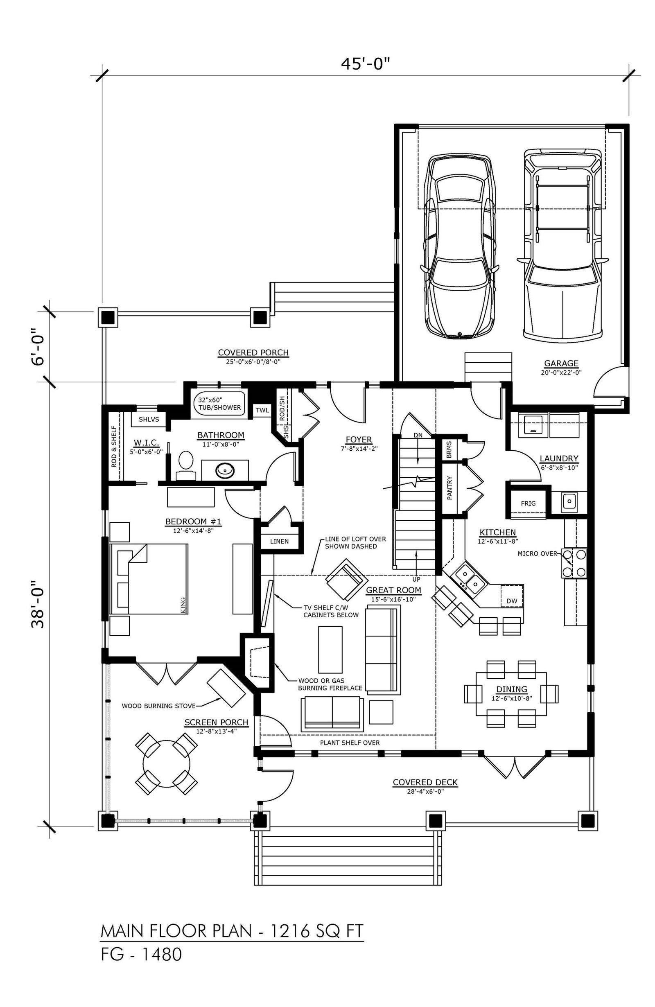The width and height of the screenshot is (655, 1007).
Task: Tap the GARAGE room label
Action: click(x=561, y=363)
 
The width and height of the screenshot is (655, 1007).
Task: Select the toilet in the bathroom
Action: click(x=185, y=465)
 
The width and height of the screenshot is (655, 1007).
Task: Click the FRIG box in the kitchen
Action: click(x=528, y=503)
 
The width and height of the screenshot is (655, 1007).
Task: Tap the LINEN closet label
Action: click(x=279, y=541)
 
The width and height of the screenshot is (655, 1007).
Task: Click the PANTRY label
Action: click(x=449, y=488)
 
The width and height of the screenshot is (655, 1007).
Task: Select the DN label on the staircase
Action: click(x=418, y=435)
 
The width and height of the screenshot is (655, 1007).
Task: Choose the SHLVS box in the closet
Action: click(x=149, y=419)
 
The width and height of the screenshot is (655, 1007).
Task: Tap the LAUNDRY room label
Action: click(x=558, y=458)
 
